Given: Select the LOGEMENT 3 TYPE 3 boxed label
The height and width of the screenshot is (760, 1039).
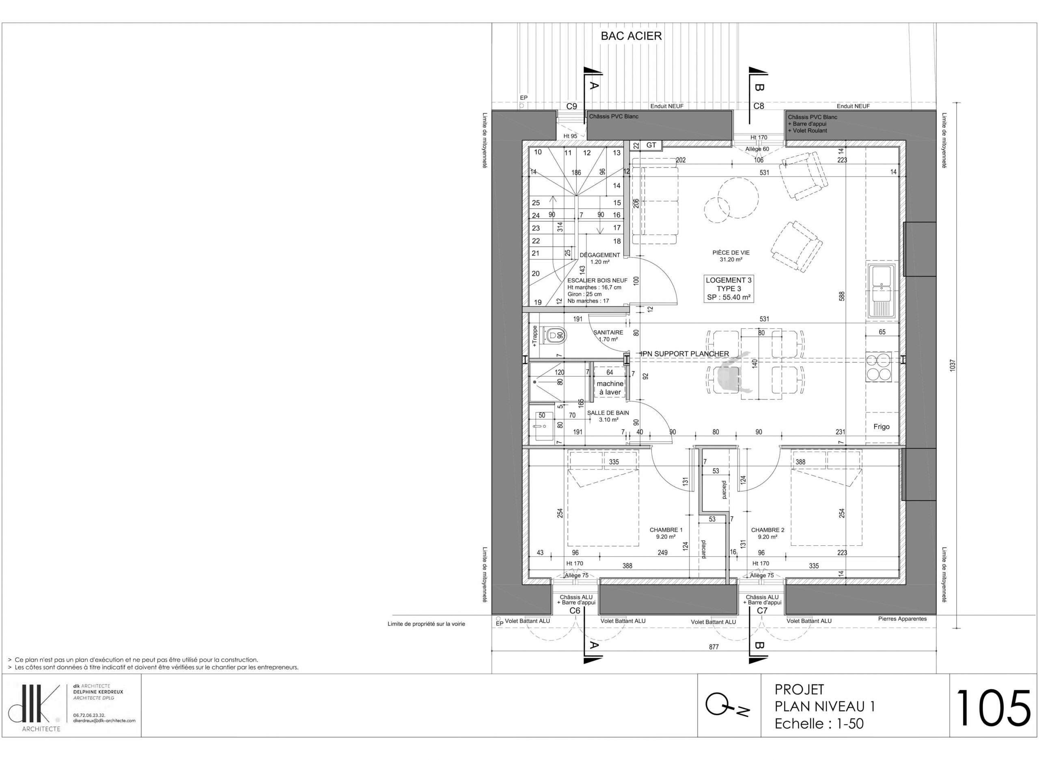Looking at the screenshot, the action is pyautogui.click(x=729, y=288).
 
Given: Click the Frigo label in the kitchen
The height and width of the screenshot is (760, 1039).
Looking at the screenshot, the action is pyautogui.click(x=881, y=426).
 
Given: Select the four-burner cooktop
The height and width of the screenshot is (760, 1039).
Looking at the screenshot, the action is pyautogui.click(x=878, y=367).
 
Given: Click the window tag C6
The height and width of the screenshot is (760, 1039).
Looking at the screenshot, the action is pyautogui.click(x=575, y=611).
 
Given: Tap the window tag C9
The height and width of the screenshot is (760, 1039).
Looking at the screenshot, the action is pyautogui.click(x=571, y=106).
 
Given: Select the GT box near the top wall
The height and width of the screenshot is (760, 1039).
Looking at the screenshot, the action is pyautogui.click(x=651, y=145).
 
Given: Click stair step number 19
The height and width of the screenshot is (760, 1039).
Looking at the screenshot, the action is pyautogui.click(x=537, y=302).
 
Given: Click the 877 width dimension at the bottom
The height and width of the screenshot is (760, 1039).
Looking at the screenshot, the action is pyautogui.click(x=714, y=647).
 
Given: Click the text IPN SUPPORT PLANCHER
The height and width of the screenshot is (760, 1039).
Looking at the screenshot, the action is pyautogui.click(x=685, y=354).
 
